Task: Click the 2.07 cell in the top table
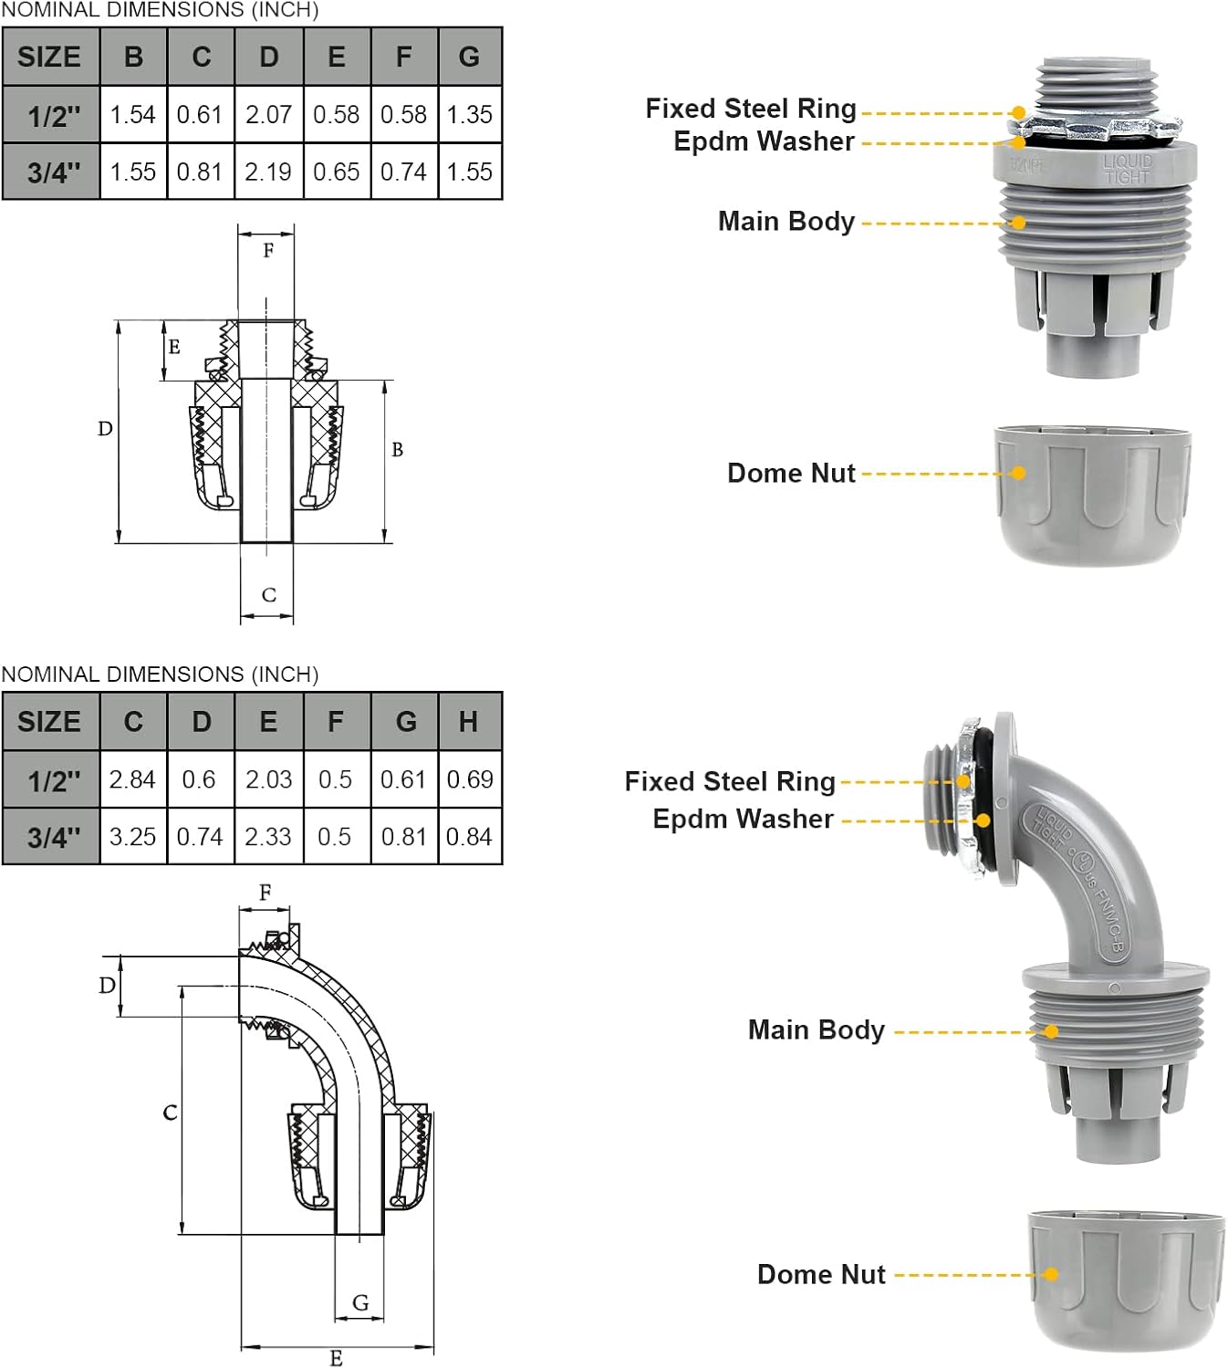[268, 115]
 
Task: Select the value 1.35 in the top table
[470, 115]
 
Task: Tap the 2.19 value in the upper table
[268, 172]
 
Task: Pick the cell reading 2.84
[133, 779]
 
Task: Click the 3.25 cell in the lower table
[133, 836]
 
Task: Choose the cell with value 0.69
[470, 779]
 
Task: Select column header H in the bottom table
[469, 722]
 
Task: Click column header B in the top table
[133, 57]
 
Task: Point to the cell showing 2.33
[268, 836]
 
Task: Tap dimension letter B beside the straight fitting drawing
[397, 449]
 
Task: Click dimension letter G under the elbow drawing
[360, 1302]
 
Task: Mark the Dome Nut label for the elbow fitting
[821, 1274]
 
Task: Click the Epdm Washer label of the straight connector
[764, 141]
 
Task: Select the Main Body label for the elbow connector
[817, 1029]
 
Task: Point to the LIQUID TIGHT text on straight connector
[1128, 169]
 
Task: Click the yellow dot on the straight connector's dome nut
[1019, 473]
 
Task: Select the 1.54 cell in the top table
[133, 115]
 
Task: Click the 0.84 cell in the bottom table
[470, 836]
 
